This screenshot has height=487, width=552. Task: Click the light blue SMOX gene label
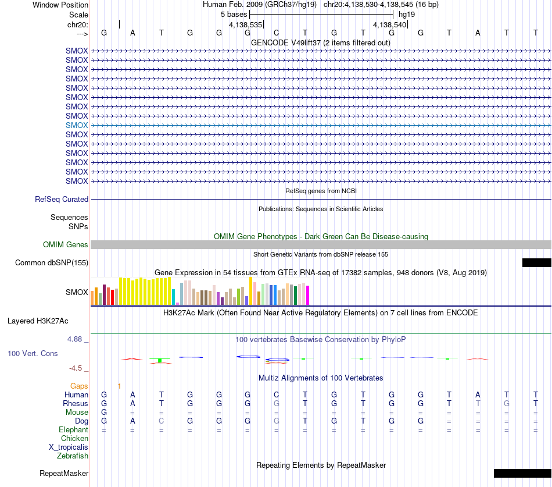click(77, 125)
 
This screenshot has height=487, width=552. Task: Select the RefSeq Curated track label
click(62, 199)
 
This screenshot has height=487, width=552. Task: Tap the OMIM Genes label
click(66, 245)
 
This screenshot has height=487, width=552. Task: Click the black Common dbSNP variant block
click(536, 263)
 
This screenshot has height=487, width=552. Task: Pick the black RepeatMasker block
click(522, 473)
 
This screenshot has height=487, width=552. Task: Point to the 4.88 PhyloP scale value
click(74, 339)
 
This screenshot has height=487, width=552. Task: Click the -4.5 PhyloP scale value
click(76, 368)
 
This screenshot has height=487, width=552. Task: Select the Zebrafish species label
click(73, 456)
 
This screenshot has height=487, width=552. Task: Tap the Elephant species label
click(73, 430)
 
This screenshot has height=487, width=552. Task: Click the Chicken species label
click(74, 438)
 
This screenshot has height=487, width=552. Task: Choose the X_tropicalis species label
click(69, 447)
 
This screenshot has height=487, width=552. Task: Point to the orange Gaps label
click(79, 386)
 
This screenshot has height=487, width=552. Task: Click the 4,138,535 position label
click(245, 24)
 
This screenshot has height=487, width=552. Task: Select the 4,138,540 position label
click(389, 24)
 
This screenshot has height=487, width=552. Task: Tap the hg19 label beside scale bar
click(407, 15)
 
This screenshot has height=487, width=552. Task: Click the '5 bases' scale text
click(234, 15)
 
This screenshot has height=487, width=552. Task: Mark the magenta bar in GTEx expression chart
click(308, 295)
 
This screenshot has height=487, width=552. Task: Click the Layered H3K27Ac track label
click(38, 321)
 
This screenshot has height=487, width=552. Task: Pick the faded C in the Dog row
click(161, 421)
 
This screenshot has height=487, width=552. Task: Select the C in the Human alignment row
click(277, 394)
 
